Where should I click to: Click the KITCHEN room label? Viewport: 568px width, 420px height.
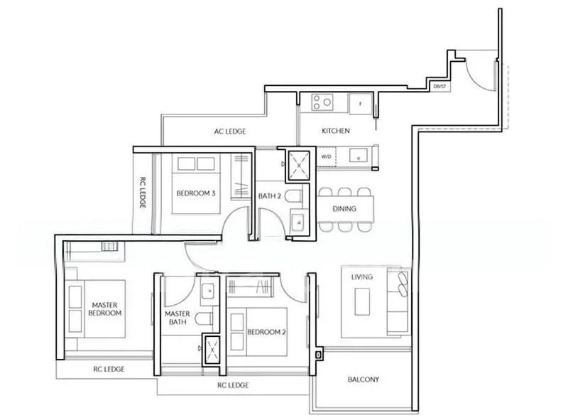pos(336,131)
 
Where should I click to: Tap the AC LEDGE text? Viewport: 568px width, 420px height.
pos(231,131)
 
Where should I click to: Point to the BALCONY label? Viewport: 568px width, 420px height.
pos(363,379)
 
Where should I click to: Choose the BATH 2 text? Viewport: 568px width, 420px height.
pos(269,196)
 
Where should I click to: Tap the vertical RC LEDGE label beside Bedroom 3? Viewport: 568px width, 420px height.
pos(142,193)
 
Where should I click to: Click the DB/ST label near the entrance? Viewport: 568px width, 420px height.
pos(439,87)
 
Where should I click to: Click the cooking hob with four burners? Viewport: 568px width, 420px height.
pos(323,102)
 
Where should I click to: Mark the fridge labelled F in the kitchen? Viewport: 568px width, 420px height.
pos(360,104)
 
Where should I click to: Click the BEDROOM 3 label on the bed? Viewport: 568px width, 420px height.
pos(196,193)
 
